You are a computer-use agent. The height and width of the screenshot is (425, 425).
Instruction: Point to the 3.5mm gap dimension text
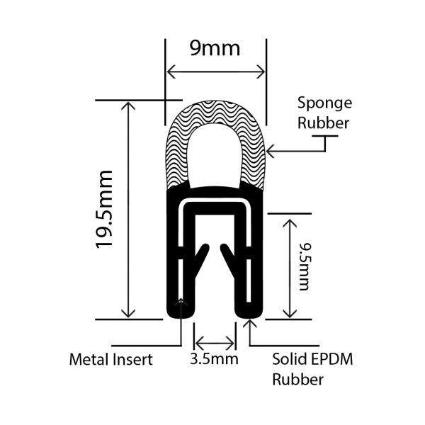pos(215,359)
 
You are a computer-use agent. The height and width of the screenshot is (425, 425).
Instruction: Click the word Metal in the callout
pos(89,359)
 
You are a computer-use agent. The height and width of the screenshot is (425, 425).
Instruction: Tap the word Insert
pos(135,359)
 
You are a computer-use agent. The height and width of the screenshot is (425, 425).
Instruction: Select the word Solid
pos(288,359)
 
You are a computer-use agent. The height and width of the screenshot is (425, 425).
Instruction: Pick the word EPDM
pos(331,359)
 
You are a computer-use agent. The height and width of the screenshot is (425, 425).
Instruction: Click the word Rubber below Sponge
pos(323,123)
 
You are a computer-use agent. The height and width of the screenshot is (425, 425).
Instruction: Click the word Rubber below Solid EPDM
pos(298,380)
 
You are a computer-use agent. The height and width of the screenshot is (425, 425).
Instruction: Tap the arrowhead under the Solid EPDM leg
pos(249,324)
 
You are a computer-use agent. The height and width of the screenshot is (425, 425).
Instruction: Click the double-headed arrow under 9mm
pos(215,72)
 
